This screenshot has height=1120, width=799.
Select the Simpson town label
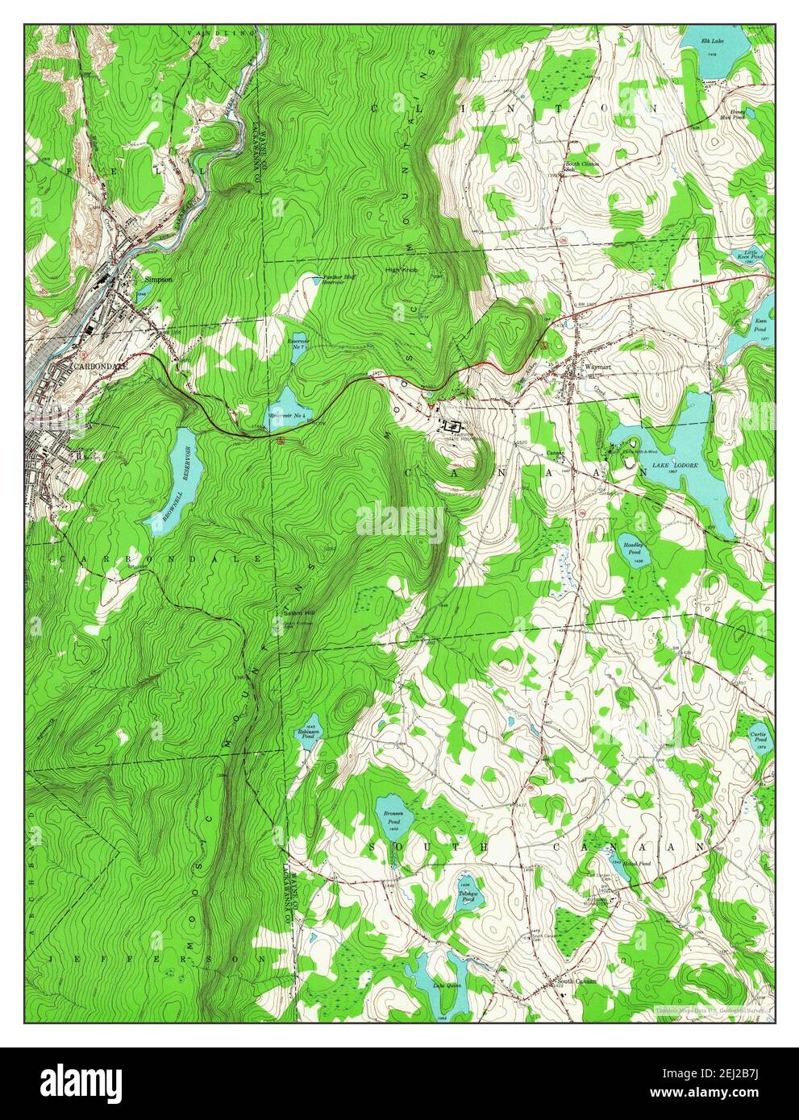[158, 280]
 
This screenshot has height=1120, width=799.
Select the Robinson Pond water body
[307, 733]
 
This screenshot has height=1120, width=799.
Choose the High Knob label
[399, 271]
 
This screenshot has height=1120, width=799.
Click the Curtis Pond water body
[759, 737]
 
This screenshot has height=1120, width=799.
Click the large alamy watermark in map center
[400, 521]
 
